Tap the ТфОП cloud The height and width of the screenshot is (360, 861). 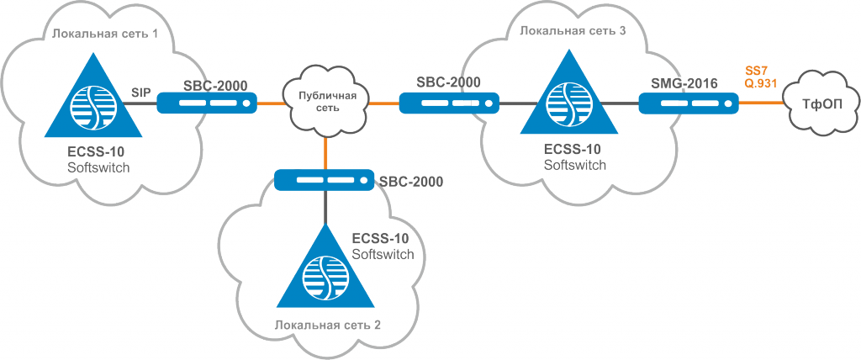pyautogui.click(x=821, y=103)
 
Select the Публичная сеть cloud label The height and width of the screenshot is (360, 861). pyautogui.click(x=327, y=103)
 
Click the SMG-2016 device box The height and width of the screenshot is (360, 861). pyautogui.click(x=689, y=103)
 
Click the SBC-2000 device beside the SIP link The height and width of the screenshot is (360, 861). pyautogui.click(x=208, y=103)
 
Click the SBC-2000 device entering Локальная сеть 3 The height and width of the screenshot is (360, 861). pyautogui.click(x=449, y=103)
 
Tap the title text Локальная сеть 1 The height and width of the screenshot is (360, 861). pyautogui.click(x=105, y=34)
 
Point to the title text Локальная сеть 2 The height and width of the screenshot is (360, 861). pyautogui.click(x=328, y=324)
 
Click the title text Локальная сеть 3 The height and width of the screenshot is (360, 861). pyautogui.click(x=572, y=30)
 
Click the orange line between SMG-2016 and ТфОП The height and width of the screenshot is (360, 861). pyautogui.click(x=761, y=103)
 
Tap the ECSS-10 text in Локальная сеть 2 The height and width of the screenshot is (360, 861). pyautogui.click(x=381, y=241)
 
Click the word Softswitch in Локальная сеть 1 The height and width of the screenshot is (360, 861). pyautogui.click(x=98, y=167)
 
